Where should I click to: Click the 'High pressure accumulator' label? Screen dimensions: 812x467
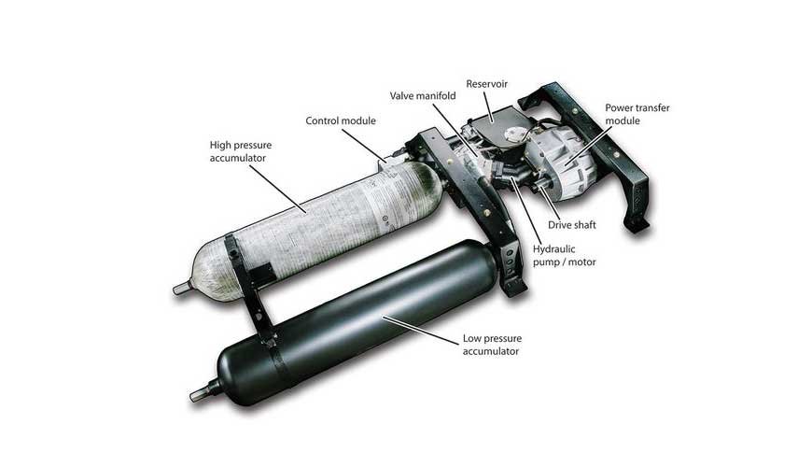(x=240, y=151)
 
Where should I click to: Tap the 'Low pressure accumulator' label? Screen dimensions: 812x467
(x=492, y=345)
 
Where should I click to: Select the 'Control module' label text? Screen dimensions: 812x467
(x=341, y=120)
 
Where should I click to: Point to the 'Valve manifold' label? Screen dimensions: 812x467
(x=423, y=96)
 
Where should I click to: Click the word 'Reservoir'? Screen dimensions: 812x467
(x=487, y=84)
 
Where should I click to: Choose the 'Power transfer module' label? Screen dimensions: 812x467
(x=637, y=114)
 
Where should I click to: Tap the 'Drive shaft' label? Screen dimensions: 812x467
(x=572, y=225)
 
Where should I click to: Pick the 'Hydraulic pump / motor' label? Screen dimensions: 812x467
(x=564, y=256)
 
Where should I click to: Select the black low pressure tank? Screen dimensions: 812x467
(x=352, y=321)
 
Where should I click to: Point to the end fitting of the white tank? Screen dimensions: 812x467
(x=182, y=290)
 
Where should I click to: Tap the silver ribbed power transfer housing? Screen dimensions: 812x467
(x=562, y=158)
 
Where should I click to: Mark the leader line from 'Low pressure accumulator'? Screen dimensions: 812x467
(x=421, y=330)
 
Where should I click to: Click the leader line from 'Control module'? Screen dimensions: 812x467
(x=364, y=145)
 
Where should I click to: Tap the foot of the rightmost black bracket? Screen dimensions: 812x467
(x=638, y=224)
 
